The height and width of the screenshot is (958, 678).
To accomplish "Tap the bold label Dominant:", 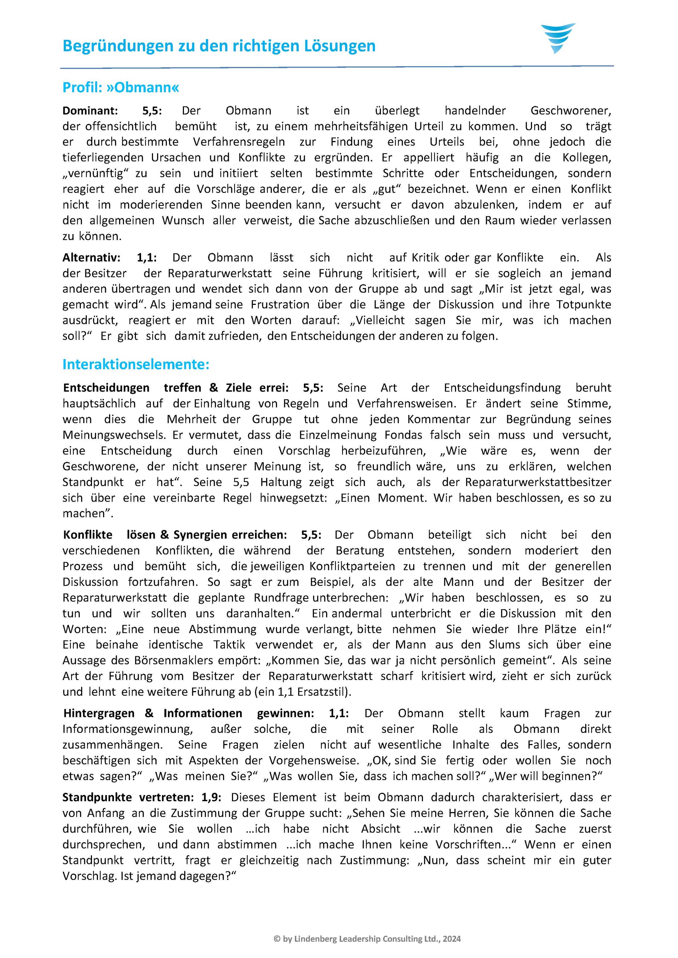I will tap(90, 111).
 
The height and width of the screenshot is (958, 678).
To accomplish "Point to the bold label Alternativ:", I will tap(91, 257).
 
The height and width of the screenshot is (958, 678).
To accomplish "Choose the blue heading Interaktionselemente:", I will tap(136, 364).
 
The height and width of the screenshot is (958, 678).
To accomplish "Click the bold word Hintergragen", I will tap(99, 713).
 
